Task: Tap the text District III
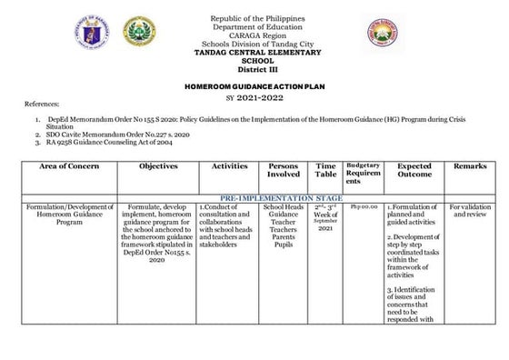pyautogui.click(x=258, y=68)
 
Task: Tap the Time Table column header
pyautogui.click(x=326, y=173)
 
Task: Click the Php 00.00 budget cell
pyautogui.click(x=363, y=207)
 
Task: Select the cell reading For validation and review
pyautogui.click(x=470, y=212)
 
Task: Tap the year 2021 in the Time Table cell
pyautogui.click(x=326, y=230)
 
